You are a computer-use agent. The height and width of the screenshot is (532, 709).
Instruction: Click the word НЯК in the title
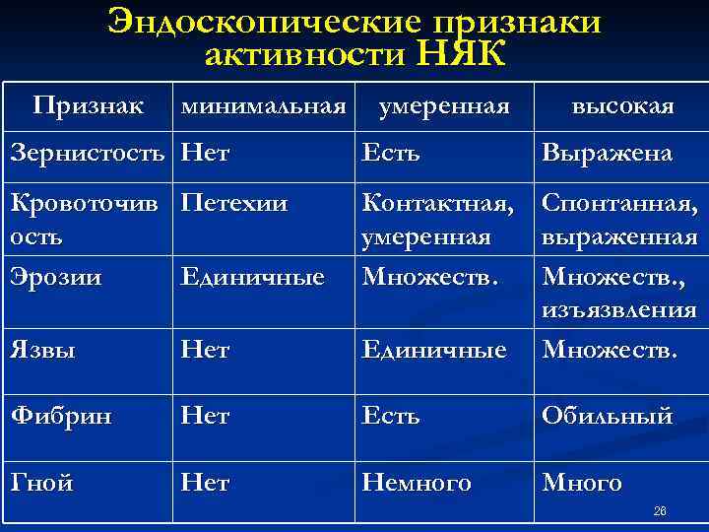(462, 55)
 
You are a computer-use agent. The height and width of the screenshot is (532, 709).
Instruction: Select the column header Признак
(87, 104)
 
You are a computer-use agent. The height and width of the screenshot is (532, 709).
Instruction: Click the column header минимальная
(263, 104)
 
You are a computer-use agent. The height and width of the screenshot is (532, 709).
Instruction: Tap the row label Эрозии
(46, 277)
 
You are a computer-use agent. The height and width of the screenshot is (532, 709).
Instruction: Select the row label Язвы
(40, 349)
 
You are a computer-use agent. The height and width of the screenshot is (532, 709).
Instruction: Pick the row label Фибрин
(55, 416)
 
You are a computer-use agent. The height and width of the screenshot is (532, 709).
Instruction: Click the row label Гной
(41, 483)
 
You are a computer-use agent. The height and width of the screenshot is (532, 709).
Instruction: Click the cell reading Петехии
(234, 204)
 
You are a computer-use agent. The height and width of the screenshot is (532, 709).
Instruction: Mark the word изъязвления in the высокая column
(618, 311)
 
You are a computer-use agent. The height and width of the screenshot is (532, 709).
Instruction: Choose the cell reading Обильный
(606, 416)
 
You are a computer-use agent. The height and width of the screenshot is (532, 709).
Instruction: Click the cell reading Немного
(416, 483)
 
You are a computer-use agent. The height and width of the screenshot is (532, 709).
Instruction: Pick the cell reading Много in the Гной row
(581, 483)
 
